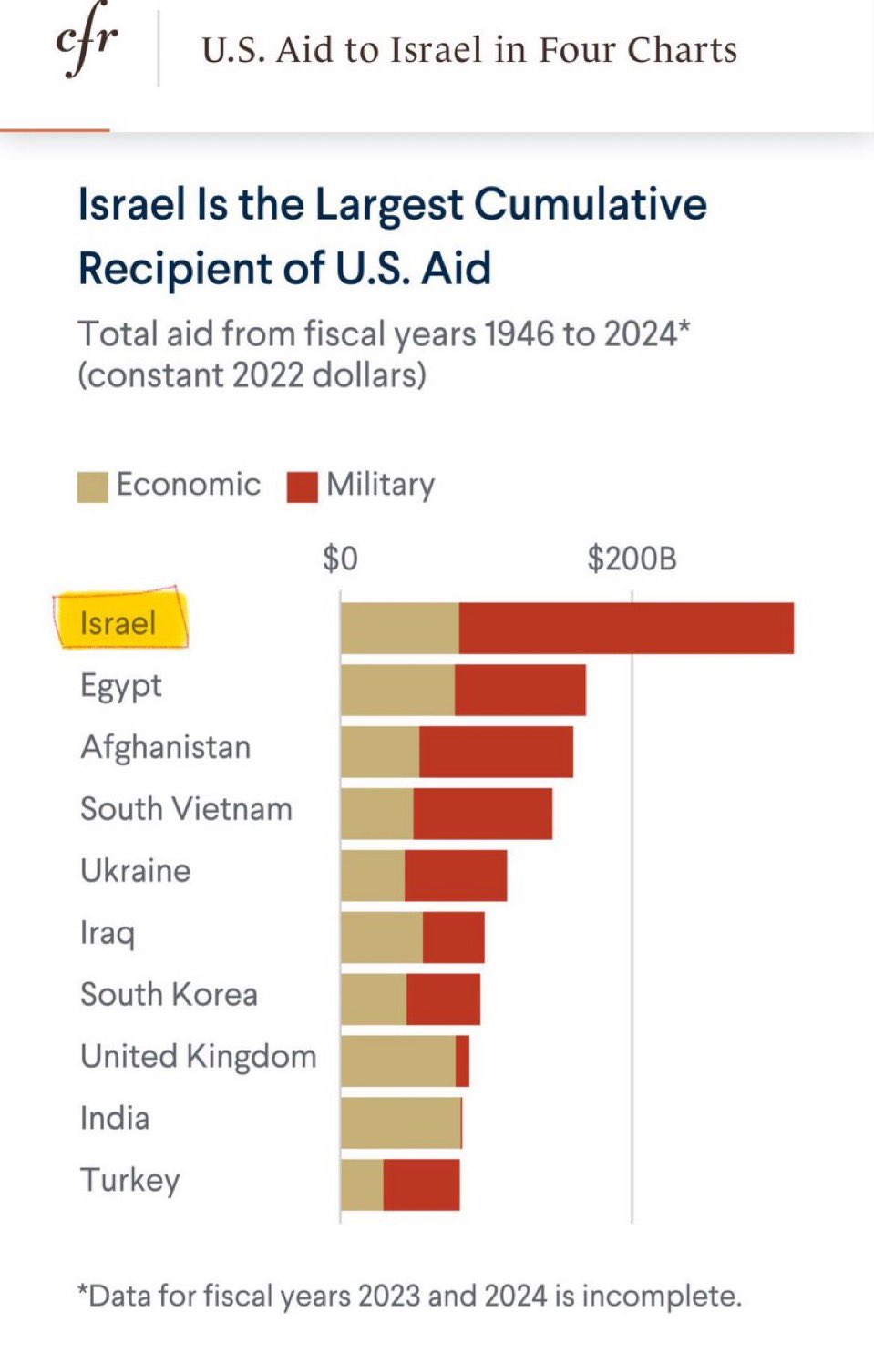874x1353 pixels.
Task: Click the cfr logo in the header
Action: (87, 42)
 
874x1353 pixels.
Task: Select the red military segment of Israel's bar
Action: (626, 628)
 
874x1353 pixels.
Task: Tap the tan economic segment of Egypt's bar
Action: (397, 690)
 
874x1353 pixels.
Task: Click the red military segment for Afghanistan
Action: (496, 752)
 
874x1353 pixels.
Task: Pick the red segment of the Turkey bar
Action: (421, 1184)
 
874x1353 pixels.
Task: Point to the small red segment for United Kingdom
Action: (462, 1061)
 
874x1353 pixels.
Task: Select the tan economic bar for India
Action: (401, 1122)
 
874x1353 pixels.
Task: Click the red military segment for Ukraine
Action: (456, 876)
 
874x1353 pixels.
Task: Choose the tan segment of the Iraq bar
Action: (382, 938)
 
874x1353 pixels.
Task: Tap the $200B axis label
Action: (632, 559)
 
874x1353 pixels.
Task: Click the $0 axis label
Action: (340, 559)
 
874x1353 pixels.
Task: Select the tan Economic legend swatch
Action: (92, 487)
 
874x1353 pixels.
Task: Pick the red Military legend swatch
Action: (302, 487)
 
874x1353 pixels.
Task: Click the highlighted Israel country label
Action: (118, 623)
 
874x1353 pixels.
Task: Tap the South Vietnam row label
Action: (186, 809)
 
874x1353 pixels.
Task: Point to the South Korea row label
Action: (169, 994)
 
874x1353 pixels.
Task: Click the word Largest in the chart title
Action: (390, 204)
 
